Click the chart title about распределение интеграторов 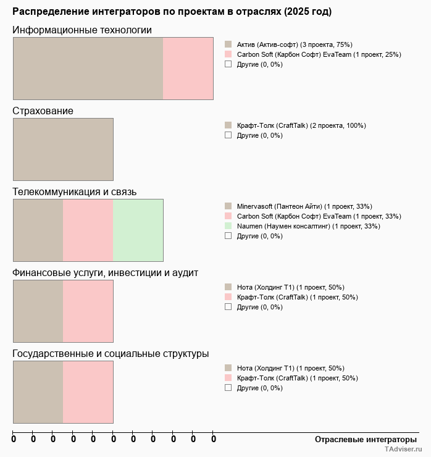tap(172, 12)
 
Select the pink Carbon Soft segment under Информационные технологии tap(188, 69)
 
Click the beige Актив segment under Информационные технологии tap(88, 69)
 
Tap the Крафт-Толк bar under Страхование tap(63, 149)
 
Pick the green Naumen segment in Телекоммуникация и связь tap(138, 230)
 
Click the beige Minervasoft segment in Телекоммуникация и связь tap(38, 230)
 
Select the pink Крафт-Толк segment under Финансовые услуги tap(88, 311)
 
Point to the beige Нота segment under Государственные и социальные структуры tap(38, 392)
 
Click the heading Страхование tap(43, 111)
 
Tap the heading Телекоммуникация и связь tap(75, 192)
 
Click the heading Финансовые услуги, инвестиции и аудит tap(106, 273)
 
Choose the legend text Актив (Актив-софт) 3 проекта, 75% tap(295, 44)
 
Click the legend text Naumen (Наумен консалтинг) tap(308, 226)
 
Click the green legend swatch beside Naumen tap(228, 226)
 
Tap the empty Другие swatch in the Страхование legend tap(228, 135)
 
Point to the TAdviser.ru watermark tap(403, 450)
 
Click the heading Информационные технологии tap(82, 30)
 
